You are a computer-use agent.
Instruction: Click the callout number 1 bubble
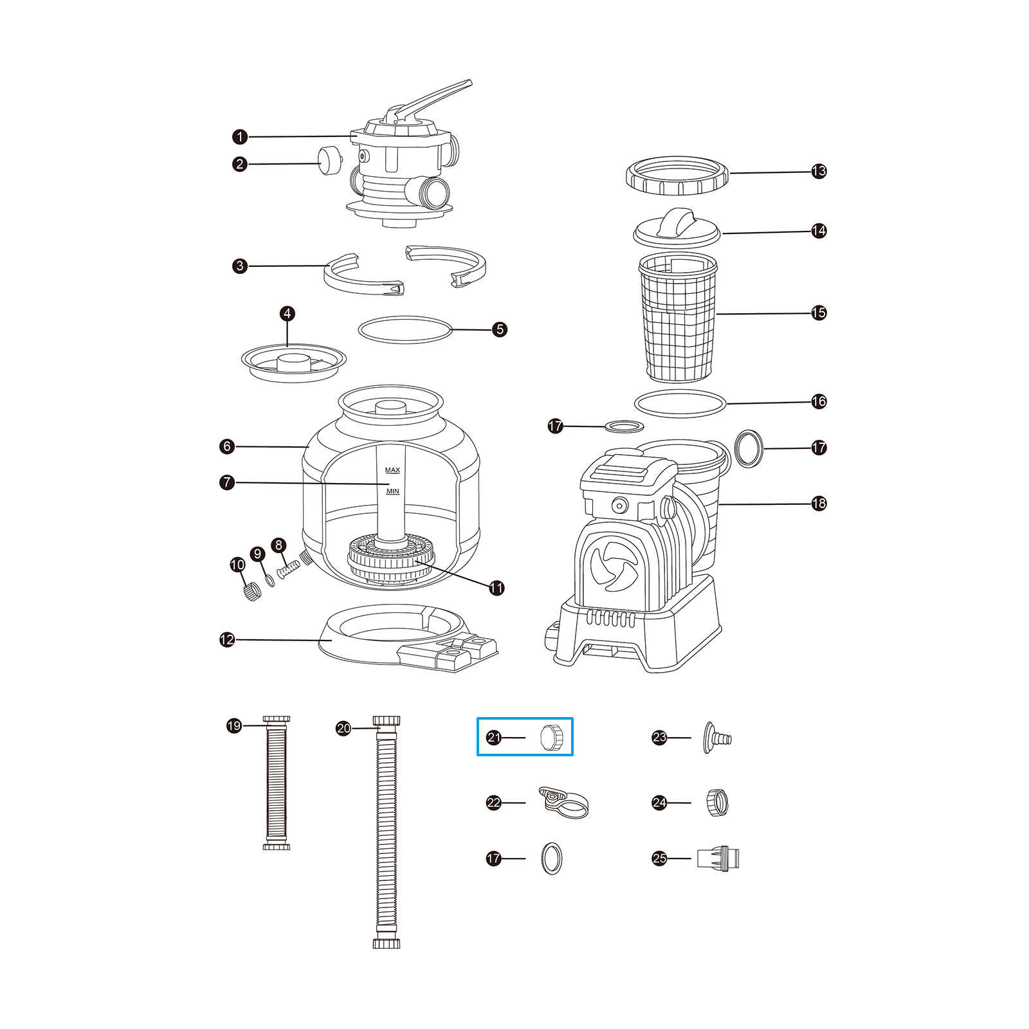coord(240,137)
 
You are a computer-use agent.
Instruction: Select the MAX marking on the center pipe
coord(392,470)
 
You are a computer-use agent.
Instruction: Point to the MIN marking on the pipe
coord(392,491)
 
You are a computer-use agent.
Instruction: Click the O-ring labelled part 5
coord(405,329)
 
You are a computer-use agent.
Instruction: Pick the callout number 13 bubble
coord(819,171)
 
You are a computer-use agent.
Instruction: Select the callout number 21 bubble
coord(494,737)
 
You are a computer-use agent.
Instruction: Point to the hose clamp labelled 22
coord(563,803)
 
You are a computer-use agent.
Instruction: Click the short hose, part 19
coord(277,782)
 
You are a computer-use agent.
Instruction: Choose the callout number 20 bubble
coord(343,728)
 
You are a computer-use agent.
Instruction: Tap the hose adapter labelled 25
coord(718,858)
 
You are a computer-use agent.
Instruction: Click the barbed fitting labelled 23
coord(717,737)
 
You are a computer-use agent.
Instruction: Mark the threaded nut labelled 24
coord(717,803)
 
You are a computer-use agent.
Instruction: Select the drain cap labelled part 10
coord(252,590)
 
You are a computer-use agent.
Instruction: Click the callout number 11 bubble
coord(496,588)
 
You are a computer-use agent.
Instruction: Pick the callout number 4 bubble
coord(287,314)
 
